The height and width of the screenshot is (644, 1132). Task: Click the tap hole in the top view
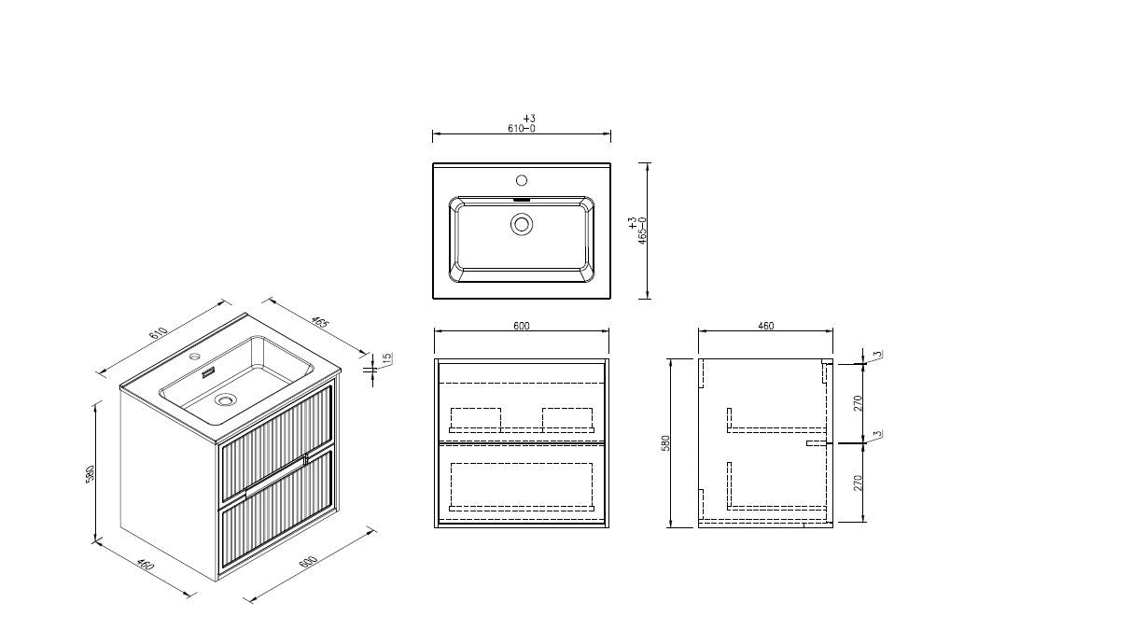(x=522, y=180)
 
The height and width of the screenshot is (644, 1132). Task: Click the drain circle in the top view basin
(x=522, y=224)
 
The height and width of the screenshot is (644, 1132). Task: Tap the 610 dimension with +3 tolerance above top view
(x=522, y=124)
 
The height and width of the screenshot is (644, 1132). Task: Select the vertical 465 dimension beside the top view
(x=637, y=231)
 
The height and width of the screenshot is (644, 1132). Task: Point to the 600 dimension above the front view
(x=522, y=326)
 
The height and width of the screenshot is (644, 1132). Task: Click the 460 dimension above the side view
(x=765, y=326)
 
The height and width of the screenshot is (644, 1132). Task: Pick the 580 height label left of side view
(x=665, y=442)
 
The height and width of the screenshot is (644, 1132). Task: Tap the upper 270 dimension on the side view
(x=858, y=403)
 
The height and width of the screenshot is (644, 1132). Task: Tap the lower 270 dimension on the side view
(x=858, y=483)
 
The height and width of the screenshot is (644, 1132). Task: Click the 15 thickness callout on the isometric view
(x=387, y=358)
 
